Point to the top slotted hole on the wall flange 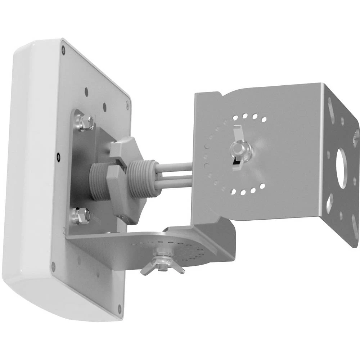(331, 106)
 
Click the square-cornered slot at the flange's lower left (329, 202)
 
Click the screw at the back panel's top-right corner (127, 105)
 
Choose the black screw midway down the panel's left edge (58, 156)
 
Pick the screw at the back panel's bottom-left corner (54, 266)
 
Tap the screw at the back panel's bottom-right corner (120, 308)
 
